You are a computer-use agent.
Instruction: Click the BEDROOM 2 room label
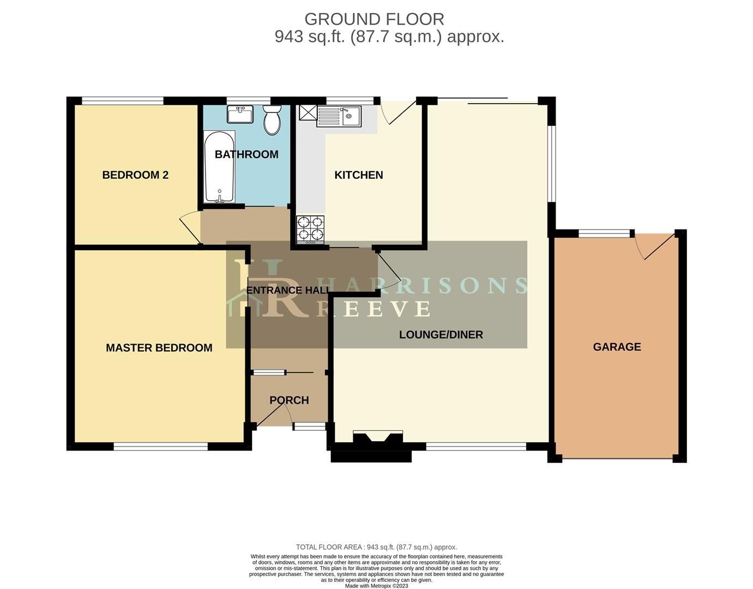pos(135,175)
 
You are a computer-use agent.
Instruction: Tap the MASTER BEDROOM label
pos(159,348)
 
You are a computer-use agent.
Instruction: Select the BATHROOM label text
pos(246,154)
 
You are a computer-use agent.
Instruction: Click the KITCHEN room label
pos(358,175)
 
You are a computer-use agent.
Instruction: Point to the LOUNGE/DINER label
pos(441,335)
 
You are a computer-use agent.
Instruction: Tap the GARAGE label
pos(617,347)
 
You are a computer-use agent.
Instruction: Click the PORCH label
pos(289,400)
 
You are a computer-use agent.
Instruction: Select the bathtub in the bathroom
pos(219,167)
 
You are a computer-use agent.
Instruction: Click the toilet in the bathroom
pos(272,121)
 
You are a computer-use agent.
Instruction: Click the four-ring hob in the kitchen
pos(310,230)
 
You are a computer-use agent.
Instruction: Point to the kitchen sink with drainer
pos(339,116)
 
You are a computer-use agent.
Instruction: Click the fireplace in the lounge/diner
pos(378,437)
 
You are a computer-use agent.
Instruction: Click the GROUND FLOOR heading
pos(374,19)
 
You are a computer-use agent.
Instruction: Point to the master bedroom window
pos(161,447)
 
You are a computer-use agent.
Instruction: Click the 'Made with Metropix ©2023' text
pos(376,586)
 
